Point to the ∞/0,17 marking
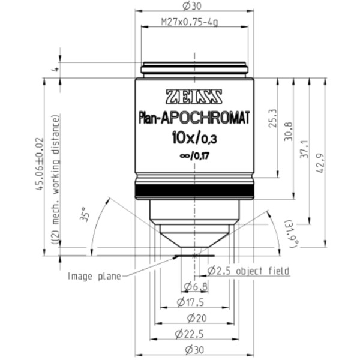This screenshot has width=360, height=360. tap(194, 157)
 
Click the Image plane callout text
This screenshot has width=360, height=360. tap(94, 276)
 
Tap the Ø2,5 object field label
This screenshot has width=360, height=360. tap(248, 271)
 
